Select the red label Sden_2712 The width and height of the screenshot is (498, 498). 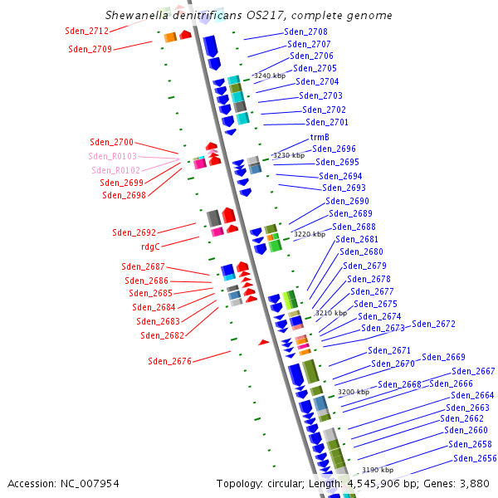click(86, 32)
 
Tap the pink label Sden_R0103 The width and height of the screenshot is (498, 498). click(113, 156)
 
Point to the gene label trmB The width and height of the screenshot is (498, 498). click(320, 137)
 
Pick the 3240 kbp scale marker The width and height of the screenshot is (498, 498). click(269, 76)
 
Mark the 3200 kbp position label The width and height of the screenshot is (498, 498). click(353, 392)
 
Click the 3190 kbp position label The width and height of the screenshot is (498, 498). click(378, 470)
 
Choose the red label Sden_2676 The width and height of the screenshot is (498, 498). click(169, 361)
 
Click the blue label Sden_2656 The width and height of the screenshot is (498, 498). click(475, 458)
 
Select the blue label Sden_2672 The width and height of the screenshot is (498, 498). click(433, 324)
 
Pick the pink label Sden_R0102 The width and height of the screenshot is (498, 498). click(116, 170)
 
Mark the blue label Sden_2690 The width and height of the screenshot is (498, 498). click(347, 201)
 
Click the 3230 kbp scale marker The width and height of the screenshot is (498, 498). click(289, 155)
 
